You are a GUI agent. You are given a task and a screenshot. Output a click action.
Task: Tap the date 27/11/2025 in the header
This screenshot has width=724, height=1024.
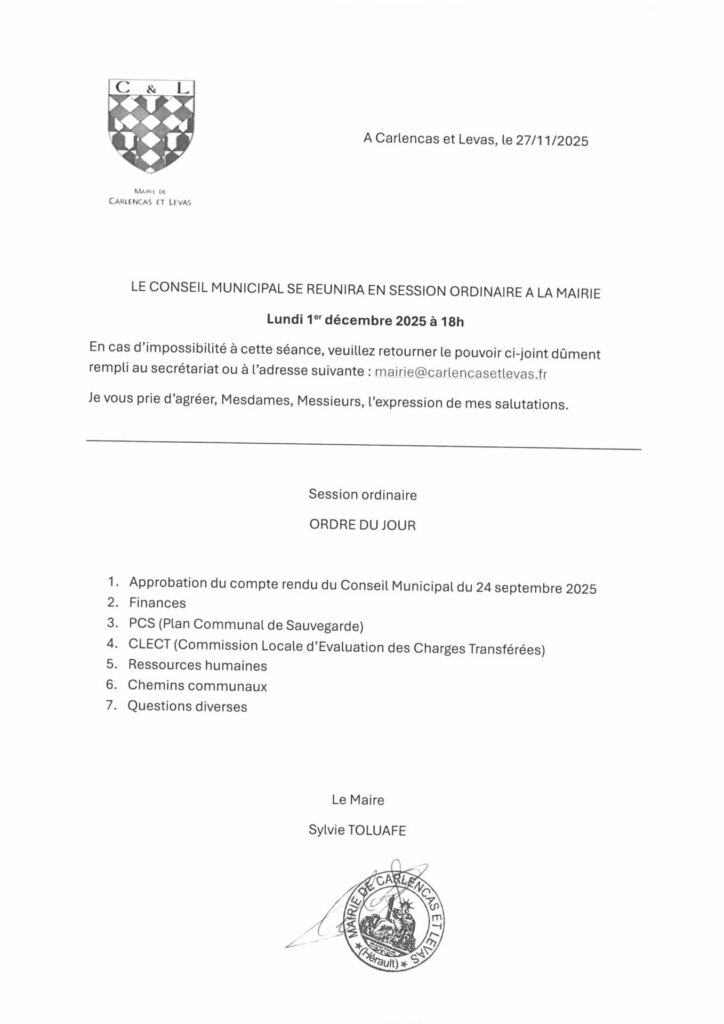click(551, 142)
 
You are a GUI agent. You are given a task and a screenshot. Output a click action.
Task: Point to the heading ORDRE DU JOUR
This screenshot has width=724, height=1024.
click(362, 524)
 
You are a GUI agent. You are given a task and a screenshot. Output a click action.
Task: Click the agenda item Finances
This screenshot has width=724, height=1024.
click(157, 603)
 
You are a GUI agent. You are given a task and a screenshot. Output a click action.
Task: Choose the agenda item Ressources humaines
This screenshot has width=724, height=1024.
click(198, 665)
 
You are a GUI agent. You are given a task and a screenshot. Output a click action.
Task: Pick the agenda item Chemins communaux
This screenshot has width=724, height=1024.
click(197, 686)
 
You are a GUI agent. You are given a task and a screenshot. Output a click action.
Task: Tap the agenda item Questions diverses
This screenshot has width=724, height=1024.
click(187, 707)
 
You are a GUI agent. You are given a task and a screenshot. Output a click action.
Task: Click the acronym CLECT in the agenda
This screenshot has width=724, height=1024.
click(149, 644)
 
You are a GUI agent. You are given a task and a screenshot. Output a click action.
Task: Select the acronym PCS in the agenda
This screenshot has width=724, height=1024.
click(143, 624)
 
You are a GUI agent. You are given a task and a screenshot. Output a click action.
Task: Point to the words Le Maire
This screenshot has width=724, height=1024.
click(358, 799)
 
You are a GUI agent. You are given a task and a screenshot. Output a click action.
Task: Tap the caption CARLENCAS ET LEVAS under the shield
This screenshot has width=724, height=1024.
click(149, 199)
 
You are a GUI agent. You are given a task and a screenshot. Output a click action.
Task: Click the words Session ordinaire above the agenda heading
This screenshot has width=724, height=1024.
click(362, 494)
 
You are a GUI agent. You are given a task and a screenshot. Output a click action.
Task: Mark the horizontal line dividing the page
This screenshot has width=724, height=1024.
click(364, 444)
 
